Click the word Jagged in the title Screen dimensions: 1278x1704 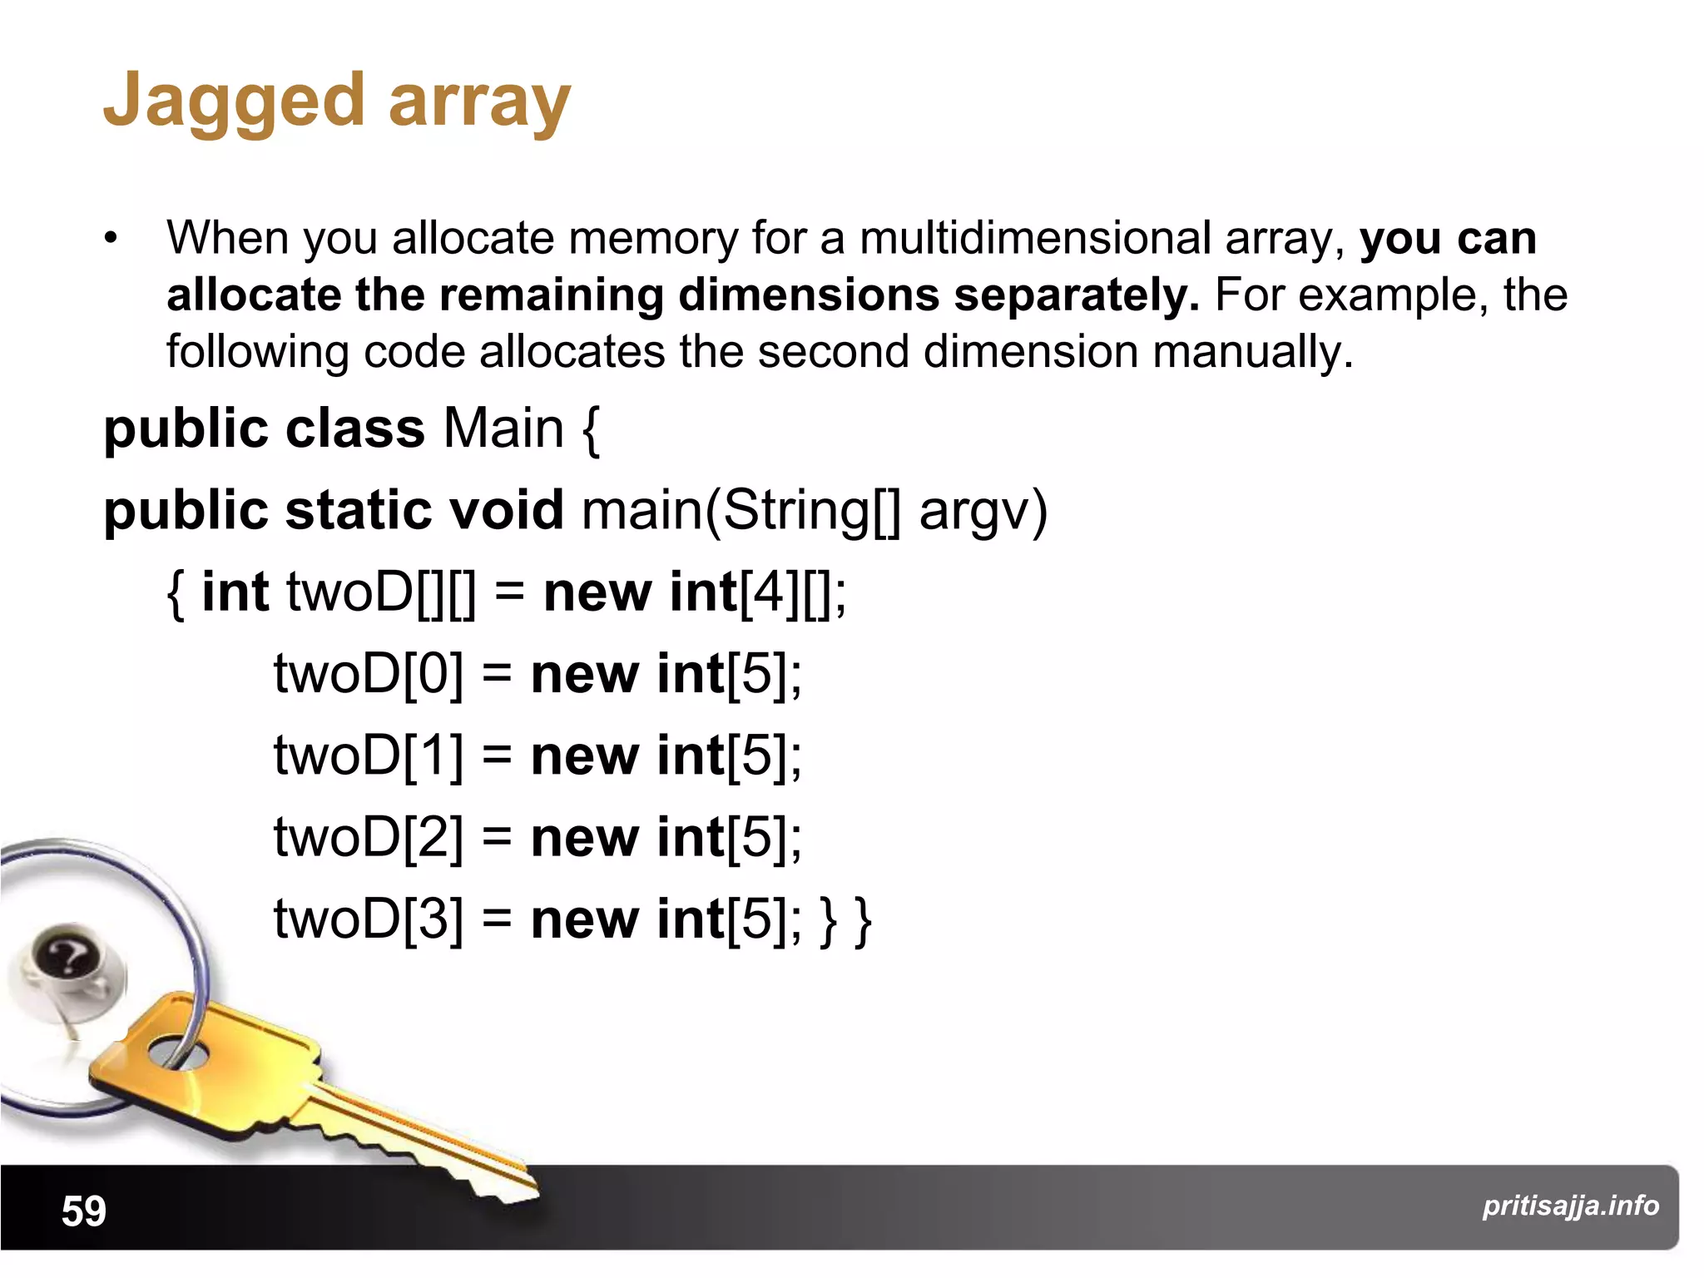[233, 102]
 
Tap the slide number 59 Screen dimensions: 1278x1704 [84, 1211]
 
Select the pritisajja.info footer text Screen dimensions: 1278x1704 [1570, 1206]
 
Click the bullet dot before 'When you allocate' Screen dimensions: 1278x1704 [111, 240]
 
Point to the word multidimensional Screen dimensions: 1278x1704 [1034, 239]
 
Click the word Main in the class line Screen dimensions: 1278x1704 [503, 428]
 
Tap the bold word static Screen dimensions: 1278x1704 [358, 510]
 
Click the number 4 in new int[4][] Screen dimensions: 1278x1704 [770, 592]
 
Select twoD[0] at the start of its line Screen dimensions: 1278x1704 [369, 674]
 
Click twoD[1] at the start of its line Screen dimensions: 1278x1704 [369, 755]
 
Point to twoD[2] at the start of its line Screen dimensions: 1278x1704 [369, 837]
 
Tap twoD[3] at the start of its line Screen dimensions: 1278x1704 [369, 919]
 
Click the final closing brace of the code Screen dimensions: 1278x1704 [863, 920]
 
